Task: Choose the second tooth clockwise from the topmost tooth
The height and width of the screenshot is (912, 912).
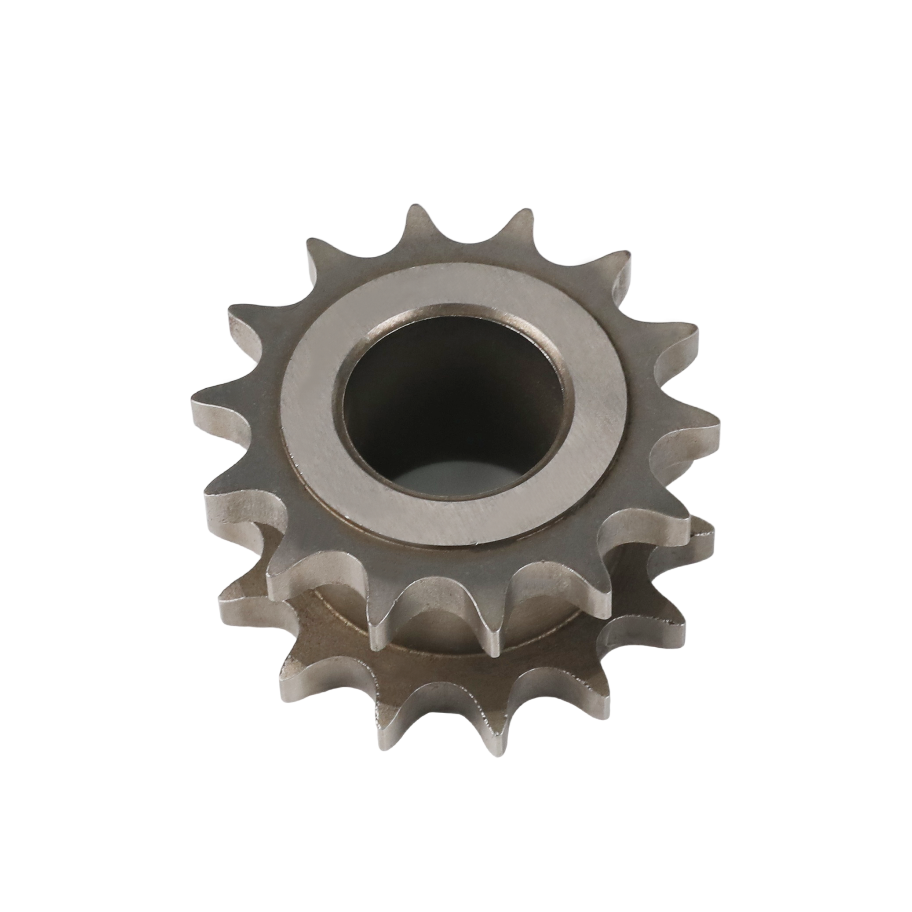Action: (618, 269)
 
